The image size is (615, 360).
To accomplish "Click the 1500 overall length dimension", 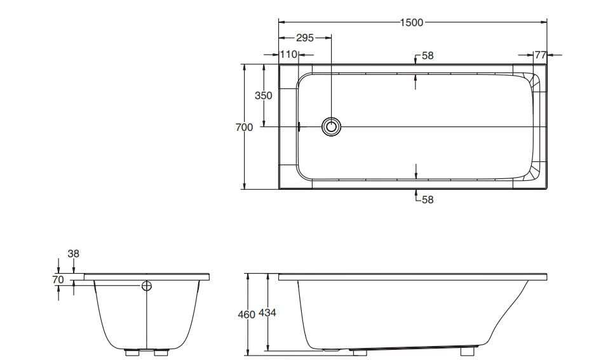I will coord(412,23).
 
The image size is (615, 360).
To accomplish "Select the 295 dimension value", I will coord(305,38).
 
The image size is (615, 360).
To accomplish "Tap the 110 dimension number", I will coord(288,55).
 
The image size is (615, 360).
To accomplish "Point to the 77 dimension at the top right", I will coord(540,55).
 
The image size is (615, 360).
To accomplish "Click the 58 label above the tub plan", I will coord(428,56).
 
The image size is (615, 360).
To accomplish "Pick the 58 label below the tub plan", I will coord(428,199).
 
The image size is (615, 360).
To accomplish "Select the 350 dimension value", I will coord(263,96).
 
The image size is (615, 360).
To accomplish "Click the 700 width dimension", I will coord(244,128).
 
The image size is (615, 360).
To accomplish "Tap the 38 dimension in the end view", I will coord(74,253).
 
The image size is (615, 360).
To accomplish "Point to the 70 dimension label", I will coord(58,279).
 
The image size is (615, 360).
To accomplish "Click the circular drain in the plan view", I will coord(331,126).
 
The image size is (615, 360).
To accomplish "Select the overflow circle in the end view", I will coord(147,286).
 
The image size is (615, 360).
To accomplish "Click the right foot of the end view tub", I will coord(161,351).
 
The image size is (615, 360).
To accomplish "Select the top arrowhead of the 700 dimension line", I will coord(244,67).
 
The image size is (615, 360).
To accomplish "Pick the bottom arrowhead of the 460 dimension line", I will coord(248,350).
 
